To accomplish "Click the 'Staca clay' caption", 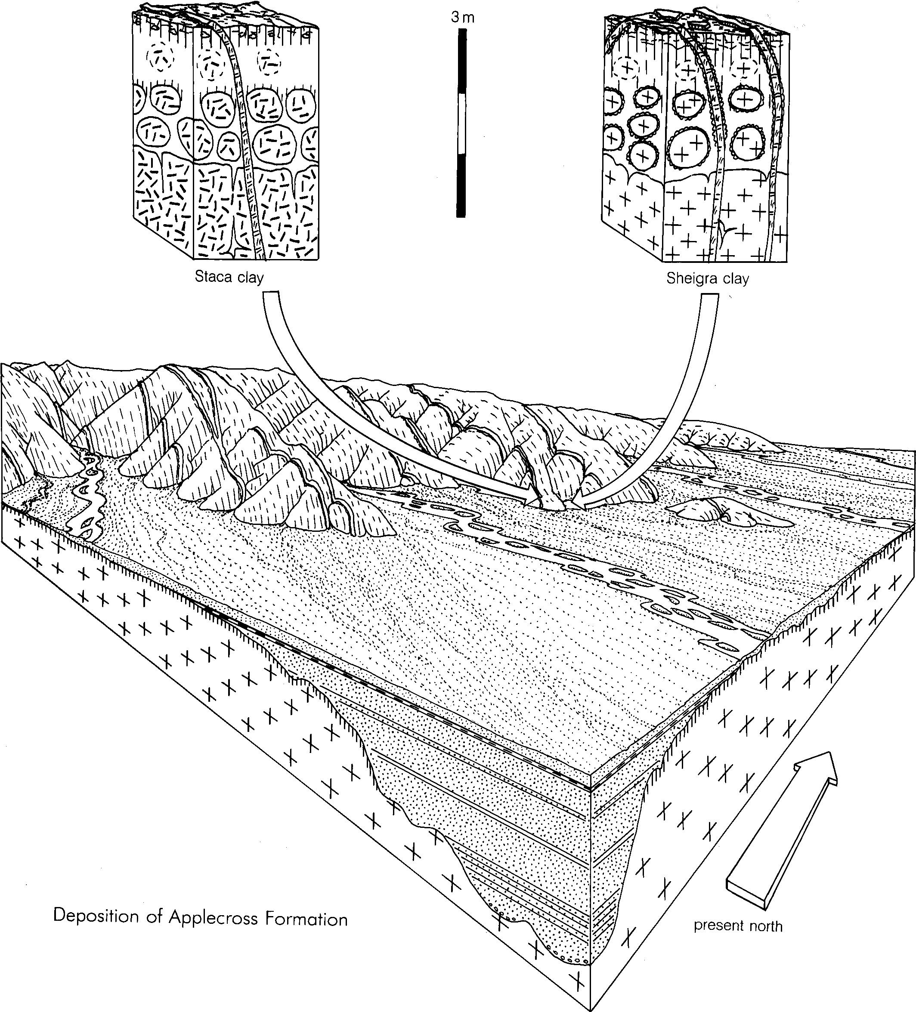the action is click(x=229, y=277).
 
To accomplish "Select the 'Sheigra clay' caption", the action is click(x=708, y=279).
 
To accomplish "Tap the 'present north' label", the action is click(x=738, y=925).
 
